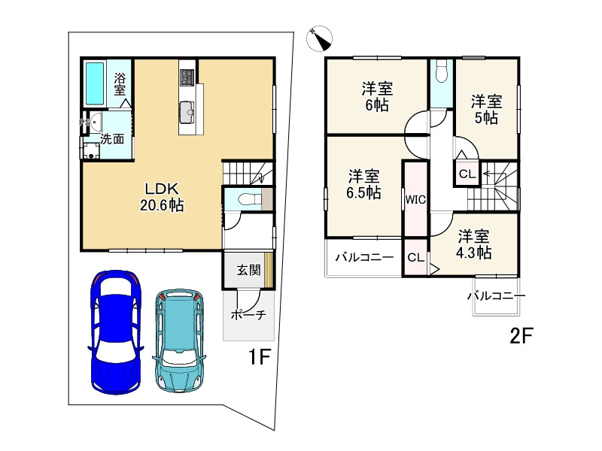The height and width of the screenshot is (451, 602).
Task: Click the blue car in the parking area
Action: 116,332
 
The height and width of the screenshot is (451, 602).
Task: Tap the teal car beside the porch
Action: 180,340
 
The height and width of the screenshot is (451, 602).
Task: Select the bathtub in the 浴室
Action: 95,83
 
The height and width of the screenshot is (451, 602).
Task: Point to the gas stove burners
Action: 187,77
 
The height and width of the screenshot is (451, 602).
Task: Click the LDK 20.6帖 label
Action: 162,197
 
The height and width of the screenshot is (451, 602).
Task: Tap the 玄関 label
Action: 248,270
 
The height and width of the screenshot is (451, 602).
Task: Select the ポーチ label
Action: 248,315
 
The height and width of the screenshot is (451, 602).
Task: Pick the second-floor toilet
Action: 442,71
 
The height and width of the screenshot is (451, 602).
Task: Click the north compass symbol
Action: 319,38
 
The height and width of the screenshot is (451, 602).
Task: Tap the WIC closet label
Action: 415,199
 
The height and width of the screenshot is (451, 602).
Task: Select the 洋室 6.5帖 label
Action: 363,184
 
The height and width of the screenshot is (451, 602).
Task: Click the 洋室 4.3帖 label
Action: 473,245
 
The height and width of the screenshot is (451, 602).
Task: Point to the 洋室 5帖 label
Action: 486,110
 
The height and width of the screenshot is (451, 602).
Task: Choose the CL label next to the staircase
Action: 467,174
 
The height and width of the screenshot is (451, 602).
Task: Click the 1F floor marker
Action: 260,357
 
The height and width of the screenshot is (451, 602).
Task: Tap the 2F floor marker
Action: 521,336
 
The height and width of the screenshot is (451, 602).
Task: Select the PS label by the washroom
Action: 84,123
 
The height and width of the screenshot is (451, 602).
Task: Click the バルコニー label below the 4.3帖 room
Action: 497,296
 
